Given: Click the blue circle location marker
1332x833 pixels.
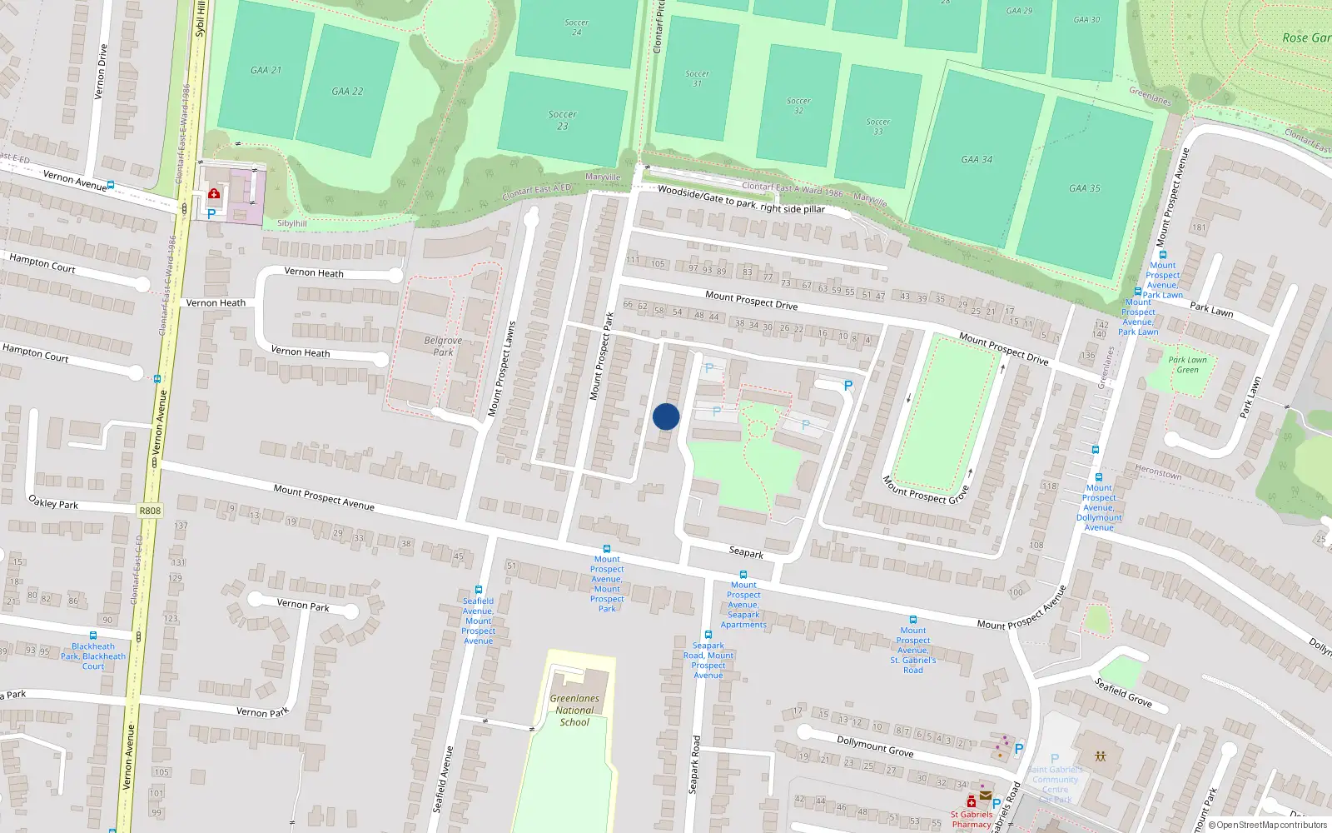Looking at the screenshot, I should pyautogui.click(x=666, y=416).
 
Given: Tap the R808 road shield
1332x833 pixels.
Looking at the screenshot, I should pyautogui.click(x=150, y=511).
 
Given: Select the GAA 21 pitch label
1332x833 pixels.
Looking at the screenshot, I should pyautogui.click(x=266, y=70).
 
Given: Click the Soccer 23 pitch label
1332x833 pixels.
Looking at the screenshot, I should pyautogui.click(x=563, y=120).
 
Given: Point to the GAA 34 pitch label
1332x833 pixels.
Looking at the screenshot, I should pyautogui.click(x=977, y=159).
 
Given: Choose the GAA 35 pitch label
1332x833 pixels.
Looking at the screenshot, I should pyautogui.click(x=1084, y=188).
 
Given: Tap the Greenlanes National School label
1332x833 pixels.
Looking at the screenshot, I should pyautogui.click(x=574, y=711).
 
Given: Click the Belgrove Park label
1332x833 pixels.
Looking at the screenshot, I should pyautogui.click(x=443, y=346).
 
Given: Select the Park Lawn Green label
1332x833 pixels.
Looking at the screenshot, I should pyautogui.click(x=1187, y=365).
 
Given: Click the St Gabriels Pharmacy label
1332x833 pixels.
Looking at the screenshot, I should pyautogui.click(x=972, y=819).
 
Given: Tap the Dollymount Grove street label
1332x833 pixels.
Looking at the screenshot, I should pyautogui.click(x=875, y=746).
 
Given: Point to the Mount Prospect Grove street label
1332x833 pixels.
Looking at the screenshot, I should pyautogui.click(x=926, y=490).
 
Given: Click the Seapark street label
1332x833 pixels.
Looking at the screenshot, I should pyautogui.click(x=746, y=552).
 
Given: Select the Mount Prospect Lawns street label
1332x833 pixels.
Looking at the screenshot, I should pyautogui.click(x=501, y=369).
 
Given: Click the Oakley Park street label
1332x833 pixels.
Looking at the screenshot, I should pyautogui.click(x=53, y=501).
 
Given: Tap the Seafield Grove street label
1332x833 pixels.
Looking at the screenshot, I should pyautogui.click(x=1123, y=693).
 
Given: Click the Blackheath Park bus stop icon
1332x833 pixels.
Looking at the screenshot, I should pyautogui.click(x=92, y=636).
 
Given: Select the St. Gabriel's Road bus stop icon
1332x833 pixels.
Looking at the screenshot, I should pyautogui.click(x=913, y=620).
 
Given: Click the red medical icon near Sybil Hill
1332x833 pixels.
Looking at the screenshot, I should pyautogui.click(x=214, y=194).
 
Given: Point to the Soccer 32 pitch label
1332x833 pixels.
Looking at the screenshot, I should pyautogui.click(x=798, y=105).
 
